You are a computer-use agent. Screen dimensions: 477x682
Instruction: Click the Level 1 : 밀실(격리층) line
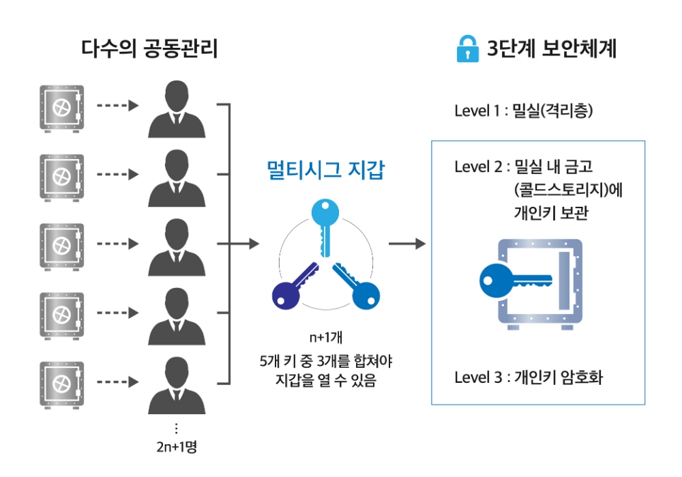pos(523,111)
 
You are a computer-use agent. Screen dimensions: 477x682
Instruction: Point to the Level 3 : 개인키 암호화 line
pos(529,377)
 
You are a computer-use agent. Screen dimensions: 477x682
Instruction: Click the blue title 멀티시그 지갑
pos(325,170)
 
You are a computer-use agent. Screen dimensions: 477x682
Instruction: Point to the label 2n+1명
pos(177,448)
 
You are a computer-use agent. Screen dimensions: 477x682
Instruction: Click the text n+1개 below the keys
pos(325,338)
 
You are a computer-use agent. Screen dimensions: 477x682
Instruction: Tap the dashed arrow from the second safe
pos(117,175)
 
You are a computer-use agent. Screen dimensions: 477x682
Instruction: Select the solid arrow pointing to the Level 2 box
pos(406,244)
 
